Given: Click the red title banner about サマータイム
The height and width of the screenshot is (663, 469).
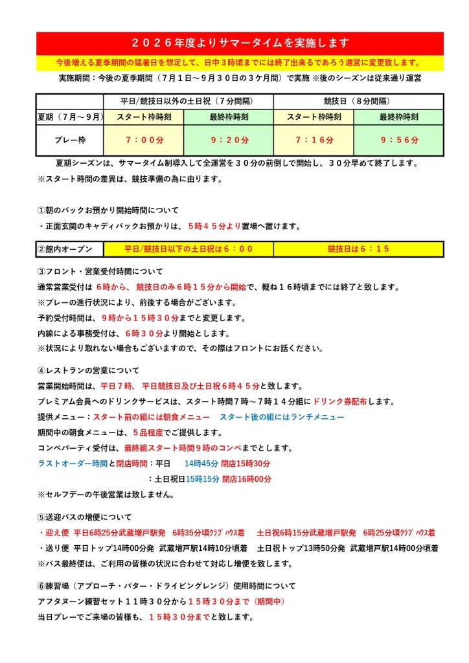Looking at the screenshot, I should click(x=240, y=43).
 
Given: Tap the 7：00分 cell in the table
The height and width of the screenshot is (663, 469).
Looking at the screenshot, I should click(x=143, y=140).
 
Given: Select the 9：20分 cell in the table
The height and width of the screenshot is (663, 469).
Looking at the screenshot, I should click(x=228, y=140).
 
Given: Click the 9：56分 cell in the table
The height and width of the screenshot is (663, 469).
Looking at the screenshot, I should click(x=399, y=140).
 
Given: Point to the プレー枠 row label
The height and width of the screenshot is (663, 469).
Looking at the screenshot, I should click(x=69, y=140).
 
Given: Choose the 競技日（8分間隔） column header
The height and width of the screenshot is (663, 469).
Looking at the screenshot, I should click(x=358, y=101).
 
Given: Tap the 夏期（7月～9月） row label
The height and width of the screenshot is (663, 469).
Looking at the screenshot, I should click(x=69, y=117).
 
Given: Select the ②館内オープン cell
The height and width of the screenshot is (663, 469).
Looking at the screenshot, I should click(x=69, y=249).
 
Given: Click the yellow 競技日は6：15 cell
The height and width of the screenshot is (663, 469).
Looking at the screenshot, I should click(x=358, y=249).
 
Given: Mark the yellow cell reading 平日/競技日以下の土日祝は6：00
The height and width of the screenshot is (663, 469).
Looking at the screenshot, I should click(x=188, y=249).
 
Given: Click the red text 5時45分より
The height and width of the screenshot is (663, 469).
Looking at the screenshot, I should click(x=213, y=226).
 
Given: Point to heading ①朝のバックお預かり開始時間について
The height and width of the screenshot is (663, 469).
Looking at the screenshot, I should click(x=108, y=210).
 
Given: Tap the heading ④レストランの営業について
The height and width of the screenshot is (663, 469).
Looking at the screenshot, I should click(x=88, y=370).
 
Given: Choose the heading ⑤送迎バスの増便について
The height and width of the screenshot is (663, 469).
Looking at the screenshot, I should click(x=84, y=517).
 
